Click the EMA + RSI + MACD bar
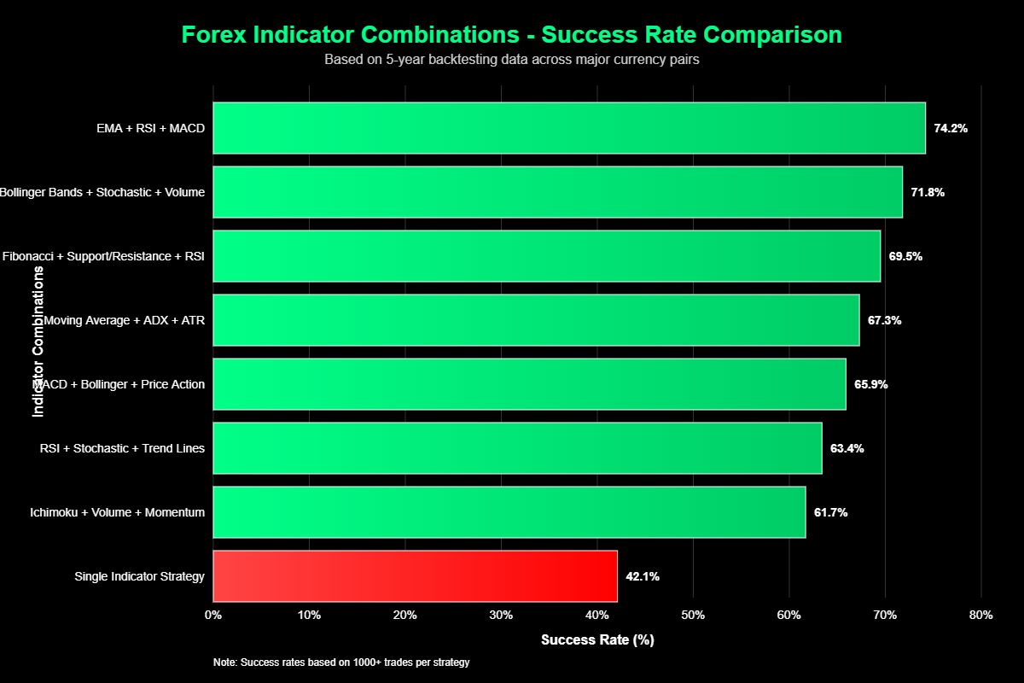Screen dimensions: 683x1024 tap(569, 128)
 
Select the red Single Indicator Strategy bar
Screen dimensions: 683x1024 tap(415, 576)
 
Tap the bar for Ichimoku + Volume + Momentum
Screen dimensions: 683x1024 tap(509, 512)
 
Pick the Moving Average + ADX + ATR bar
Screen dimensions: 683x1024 tap(536, 320)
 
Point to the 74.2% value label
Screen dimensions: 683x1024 tap(951, 128)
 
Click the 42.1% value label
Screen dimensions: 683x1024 tap(643, 576)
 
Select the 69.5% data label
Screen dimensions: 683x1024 tap(905, 256)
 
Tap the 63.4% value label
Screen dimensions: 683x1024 tap(847, 448)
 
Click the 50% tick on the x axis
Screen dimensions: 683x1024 tap(693, 615)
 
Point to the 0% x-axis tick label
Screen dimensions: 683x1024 tap(213, 615)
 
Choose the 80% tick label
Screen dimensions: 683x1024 tap(981, 615)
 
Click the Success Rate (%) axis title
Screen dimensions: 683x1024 tap(597, 639)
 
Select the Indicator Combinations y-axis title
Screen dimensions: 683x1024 tap(38, 341)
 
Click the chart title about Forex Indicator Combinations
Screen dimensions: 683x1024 tap(512, 35)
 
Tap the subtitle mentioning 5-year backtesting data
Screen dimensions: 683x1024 tap(512, 60)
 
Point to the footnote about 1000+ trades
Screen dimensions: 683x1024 tap(341, 663)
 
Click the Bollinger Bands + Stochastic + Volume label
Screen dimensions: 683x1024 tap(102, 192)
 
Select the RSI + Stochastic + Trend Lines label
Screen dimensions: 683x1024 tap(122, 448)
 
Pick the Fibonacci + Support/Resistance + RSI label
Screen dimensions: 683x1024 tap(104, 256)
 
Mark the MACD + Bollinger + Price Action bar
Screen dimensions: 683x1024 tap(529, 384)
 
